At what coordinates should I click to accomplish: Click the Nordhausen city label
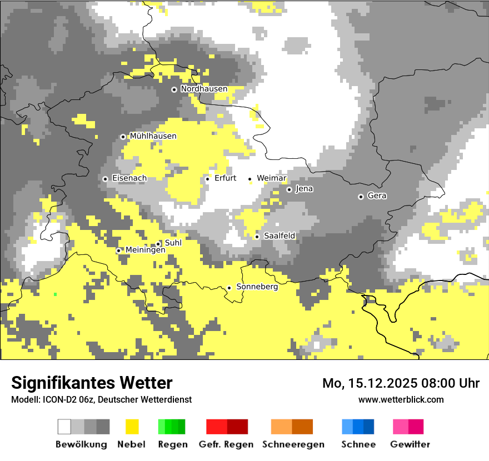tap(204, 89)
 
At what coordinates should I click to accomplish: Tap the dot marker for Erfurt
tap(207, 179)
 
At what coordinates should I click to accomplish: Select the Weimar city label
tap(271, 178)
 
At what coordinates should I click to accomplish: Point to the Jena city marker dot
tap(289, 189)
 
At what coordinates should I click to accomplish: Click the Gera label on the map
tap(377, 196)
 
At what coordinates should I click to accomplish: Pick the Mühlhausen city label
tap(153, 136)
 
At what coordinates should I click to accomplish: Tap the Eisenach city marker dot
tap(105, 179)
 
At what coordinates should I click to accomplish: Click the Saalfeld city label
tap(279, 236)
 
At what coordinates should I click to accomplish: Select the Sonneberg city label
tap(257, 287)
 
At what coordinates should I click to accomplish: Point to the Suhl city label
tap(173, 243)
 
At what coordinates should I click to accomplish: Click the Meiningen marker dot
tap(118, 250)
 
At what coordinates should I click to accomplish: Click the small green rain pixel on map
tap(56, 294)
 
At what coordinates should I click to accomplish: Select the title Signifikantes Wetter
tap(92, 383)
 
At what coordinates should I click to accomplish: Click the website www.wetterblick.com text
tap(401, 399)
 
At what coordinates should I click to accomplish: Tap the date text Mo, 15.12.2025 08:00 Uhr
tap(401, 383)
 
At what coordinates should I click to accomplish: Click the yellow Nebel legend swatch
tap(132, 427)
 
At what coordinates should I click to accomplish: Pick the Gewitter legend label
tap(410, 444)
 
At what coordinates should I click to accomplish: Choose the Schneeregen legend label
tap(293, 444)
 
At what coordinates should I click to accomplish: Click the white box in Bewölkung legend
tap(64, 427)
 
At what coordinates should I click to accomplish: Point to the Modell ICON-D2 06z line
tap(101, 399)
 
